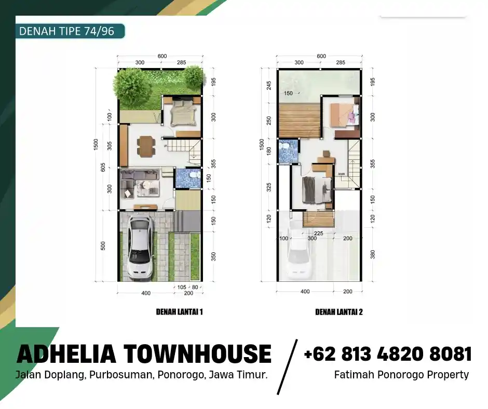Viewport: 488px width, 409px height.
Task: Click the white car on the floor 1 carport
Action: [x=140, y=248]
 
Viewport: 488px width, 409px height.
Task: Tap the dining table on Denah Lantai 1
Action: [x=146, y=145]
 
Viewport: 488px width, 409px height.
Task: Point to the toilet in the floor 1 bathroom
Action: [x=193, y=178]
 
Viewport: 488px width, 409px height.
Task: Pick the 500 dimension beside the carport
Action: [x=103, y=246]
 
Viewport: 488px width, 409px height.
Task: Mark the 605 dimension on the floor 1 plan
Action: [x=103, y=167]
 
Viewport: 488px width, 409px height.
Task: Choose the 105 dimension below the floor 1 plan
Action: [x=182, y=287]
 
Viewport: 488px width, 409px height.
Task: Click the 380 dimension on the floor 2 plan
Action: [x=372, y=254]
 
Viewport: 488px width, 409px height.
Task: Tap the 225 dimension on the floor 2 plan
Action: [x=319, y=233]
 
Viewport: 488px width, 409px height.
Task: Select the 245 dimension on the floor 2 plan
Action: [x=268, y=85]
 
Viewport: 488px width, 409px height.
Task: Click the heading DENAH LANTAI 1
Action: [x=179, y=312]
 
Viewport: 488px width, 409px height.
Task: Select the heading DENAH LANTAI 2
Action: [x=338, y=312]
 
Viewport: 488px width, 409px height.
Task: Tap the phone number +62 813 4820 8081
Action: [x=388, y=354]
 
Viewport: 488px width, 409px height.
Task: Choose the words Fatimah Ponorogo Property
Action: [x=401, y=374]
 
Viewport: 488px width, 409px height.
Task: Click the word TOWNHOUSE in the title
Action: [x=197, y=354]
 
